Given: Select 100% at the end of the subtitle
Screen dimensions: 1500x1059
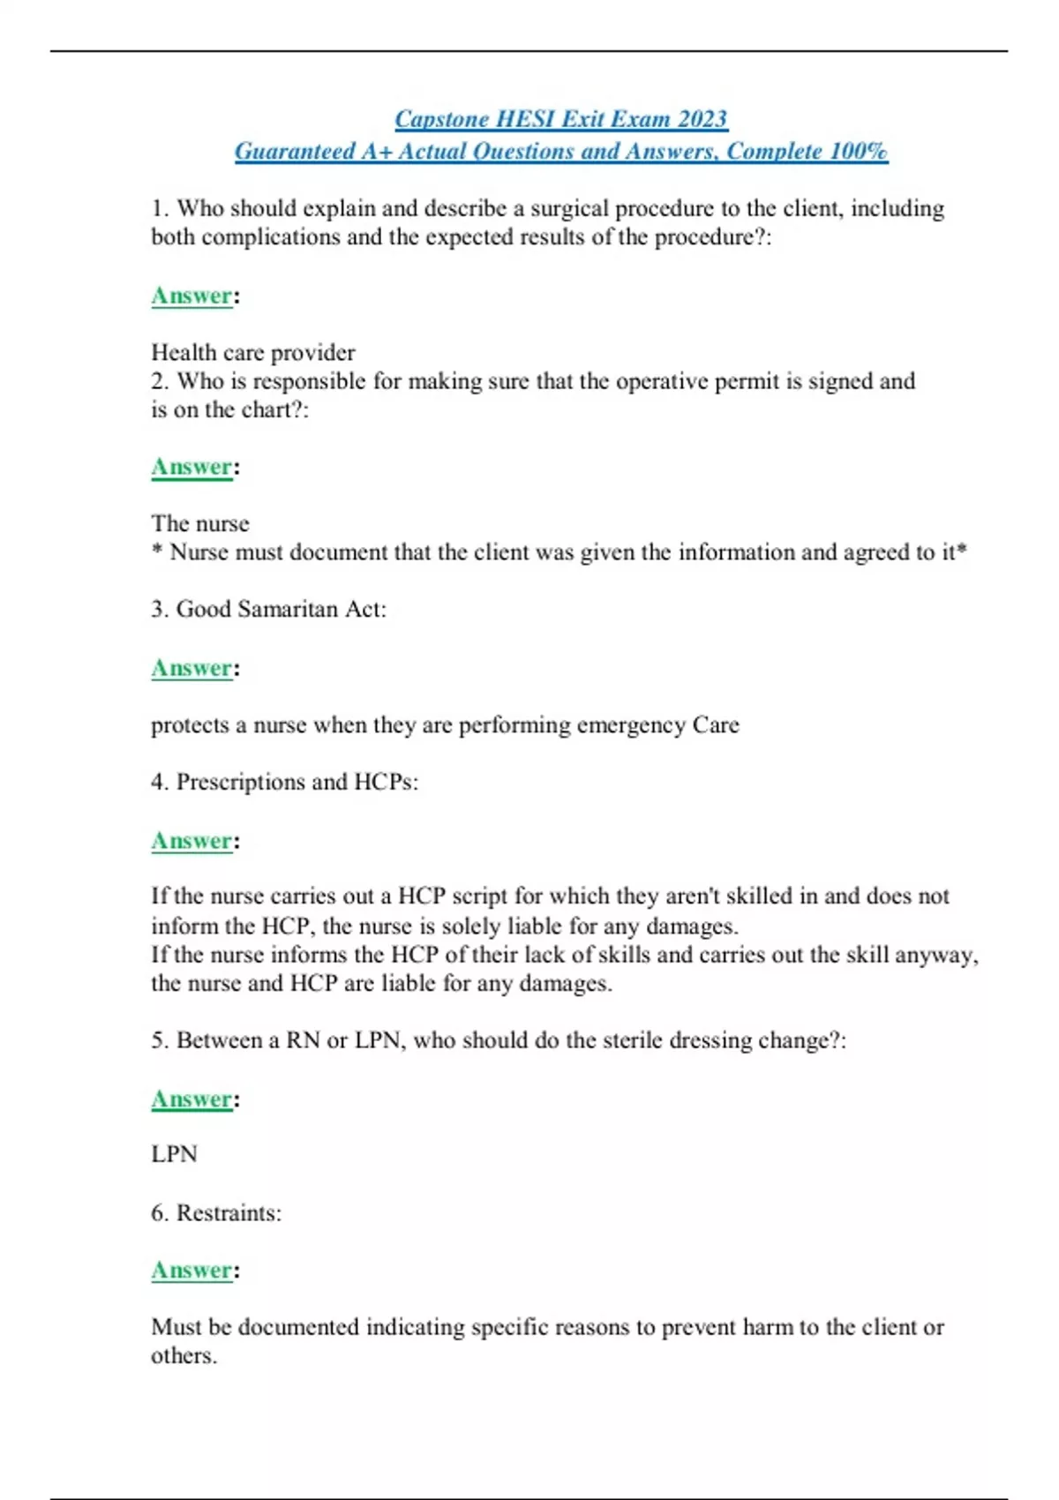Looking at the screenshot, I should click(x=859, y=152).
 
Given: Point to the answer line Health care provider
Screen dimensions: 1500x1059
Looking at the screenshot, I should click(x=253, y=353).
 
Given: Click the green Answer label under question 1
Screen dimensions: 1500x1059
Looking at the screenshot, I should click(x=192, y=296).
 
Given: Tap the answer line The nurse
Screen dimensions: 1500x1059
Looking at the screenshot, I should click(x=200, y=524).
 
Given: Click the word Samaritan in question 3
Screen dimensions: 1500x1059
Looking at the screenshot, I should click(x=288, y=610).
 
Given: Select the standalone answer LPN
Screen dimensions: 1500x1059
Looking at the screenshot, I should click(x=174, y=1155).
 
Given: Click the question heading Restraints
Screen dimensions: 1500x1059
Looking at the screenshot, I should click(x=228, y=1213).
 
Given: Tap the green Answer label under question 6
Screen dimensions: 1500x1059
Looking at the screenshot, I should click(x=192, y=1271).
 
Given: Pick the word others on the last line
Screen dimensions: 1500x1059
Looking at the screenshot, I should click(x=182, y=1356).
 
